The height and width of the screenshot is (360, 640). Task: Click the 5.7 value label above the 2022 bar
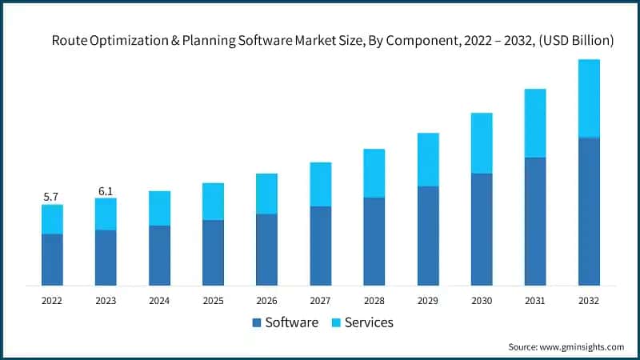pyautogui.click(x=52, y=197)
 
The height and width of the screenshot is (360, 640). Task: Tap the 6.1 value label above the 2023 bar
pyautogui.click(x=106, y=190)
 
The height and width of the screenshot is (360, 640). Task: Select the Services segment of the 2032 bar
pyautogui.click(x=588, y=98)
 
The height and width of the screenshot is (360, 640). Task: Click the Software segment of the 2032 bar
pyautogui.click(x=588, y=211)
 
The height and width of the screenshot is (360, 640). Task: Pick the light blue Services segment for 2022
pyautogui.click(x=52, y=219)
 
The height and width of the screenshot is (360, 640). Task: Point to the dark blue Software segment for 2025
pyautogui.click(x=213, y=252)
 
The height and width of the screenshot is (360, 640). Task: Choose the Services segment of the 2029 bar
pyautogui.click(x=428, y=159)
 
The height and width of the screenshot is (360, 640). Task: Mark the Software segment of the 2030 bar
pyautogui.click(x=481, y=229)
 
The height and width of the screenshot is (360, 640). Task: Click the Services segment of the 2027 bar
pyautogui.click(x=320, y=184)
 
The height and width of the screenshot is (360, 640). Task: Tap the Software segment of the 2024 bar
pyautogui.click(x=159, y=255)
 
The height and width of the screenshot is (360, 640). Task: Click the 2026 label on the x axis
pyautogui.click(x=266, y=301)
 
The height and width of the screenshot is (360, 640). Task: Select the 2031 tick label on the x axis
pyautogui.click(x=534, y=301)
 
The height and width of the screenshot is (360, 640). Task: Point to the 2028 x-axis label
pyautogui.click(x=374, y=301)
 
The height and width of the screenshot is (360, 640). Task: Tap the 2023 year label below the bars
pyautogui.click(x=106, y=301)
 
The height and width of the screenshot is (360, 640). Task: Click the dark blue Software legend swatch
pyautogui.click(x=257, y=323)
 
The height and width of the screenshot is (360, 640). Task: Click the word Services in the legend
pyautogui.click(x=369, y=323)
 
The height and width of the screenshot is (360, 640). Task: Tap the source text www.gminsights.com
pyautogui.click(x=583, y=346)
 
